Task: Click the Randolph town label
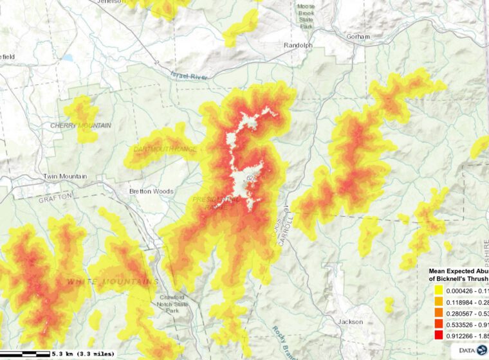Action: point(298,46)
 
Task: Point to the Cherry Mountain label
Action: point(81,125)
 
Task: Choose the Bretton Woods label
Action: point(151,192)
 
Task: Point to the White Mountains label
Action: point(113,282)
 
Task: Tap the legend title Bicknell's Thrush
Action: point(459,279)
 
